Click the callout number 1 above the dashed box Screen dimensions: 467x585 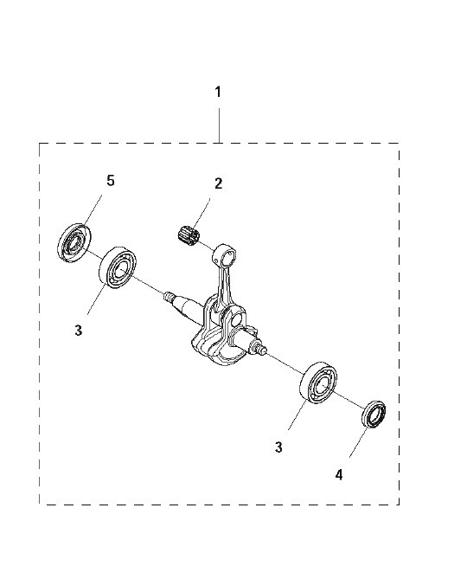[219, 92]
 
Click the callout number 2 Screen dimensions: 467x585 [219, 183]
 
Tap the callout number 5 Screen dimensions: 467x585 [111, 181]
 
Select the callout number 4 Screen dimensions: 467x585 [339, 475]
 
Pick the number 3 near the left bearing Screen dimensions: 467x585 [79, 331]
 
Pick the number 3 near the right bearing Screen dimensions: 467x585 [278, 447]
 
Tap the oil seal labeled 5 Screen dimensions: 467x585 [74, 243]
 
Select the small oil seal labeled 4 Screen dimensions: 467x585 [374, 414]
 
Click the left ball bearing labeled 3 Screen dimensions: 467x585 [118, 267]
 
